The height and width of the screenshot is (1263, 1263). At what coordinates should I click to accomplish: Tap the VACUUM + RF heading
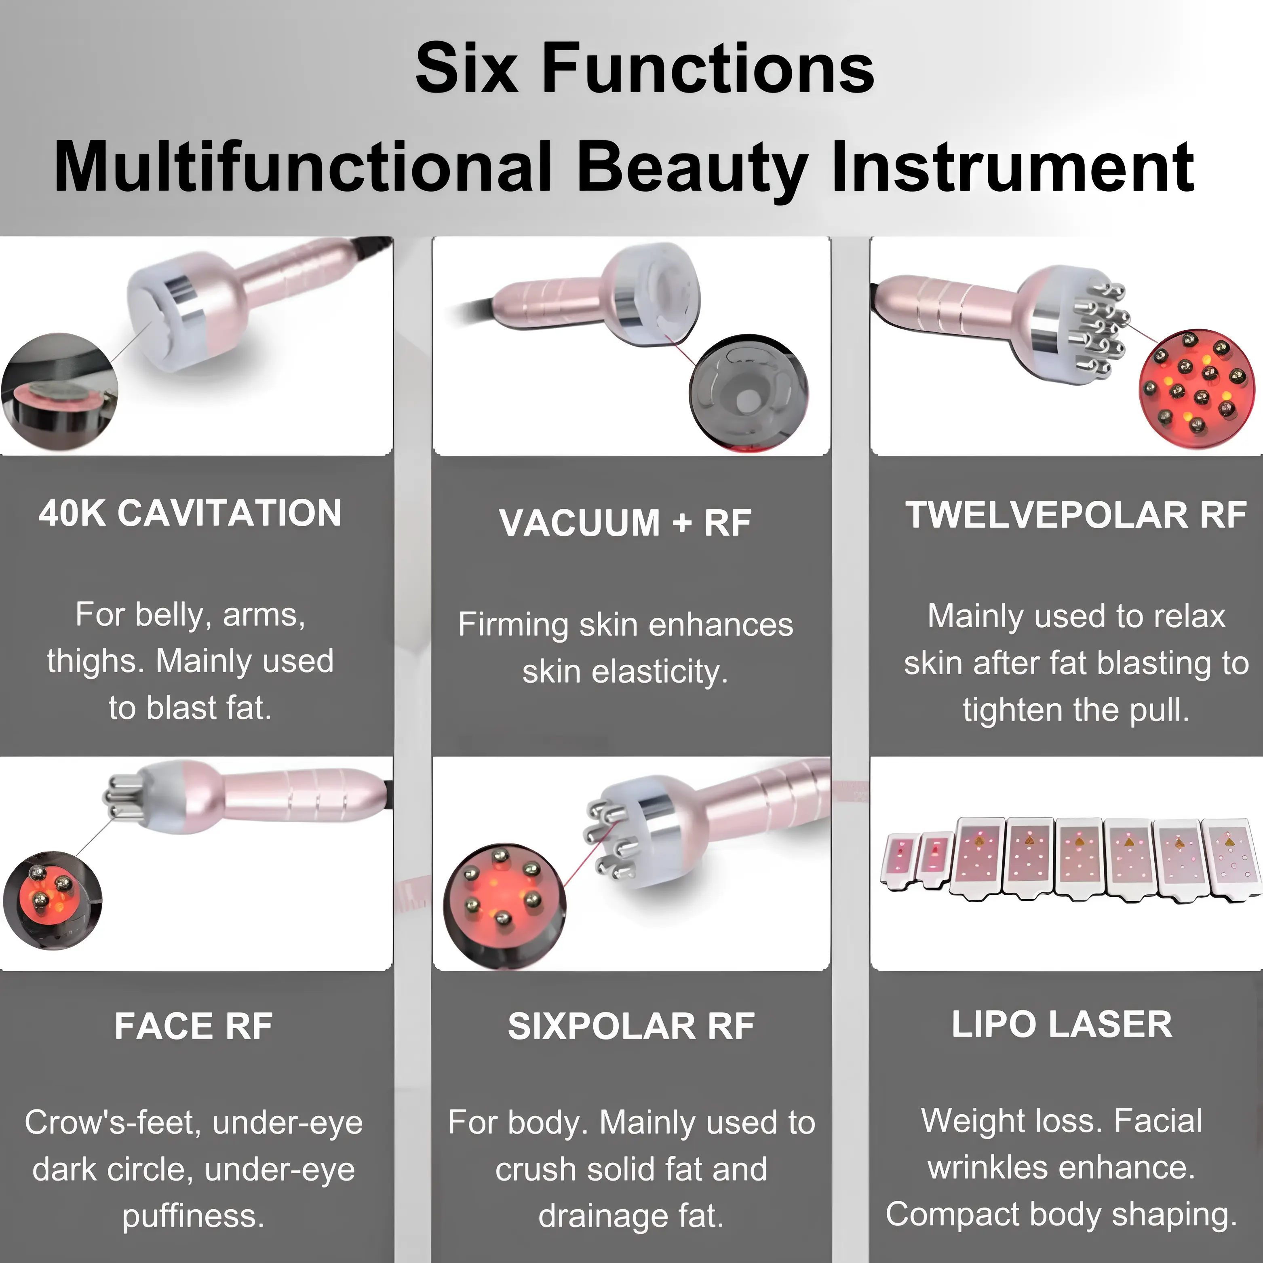pyautogui.click(x=625, y=523)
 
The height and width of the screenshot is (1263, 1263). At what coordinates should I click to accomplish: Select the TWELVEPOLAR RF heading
pyautogui.click(x=1075, y=515)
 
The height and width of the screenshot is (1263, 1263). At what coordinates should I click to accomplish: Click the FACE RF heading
pyautogui.click(x=194, y=1026)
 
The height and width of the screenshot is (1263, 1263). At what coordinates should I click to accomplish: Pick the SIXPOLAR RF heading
pyautogui.click(x=631, y=1026)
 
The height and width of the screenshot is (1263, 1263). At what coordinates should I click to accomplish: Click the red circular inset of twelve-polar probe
pyautogui.click(x=1196, y=389)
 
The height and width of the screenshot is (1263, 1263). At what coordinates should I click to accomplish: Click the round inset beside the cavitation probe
pyautogui.click(x=60, y=392)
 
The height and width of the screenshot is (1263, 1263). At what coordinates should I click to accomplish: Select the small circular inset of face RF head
pyautogui.click(x=52, y=900)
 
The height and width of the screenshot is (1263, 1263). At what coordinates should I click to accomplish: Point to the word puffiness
pyautogui.click(x=194, y=1216)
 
